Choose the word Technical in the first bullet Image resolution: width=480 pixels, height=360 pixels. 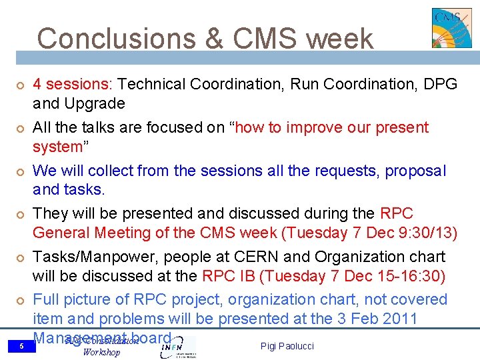(153, 84)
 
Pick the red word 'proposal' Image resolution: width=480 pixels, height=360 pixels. (415, 171)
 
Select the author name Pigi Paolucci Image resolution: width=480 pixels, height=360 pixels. (287, 346)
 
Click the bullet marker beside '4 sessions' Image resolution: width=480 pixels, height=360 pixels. (21, 85)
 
